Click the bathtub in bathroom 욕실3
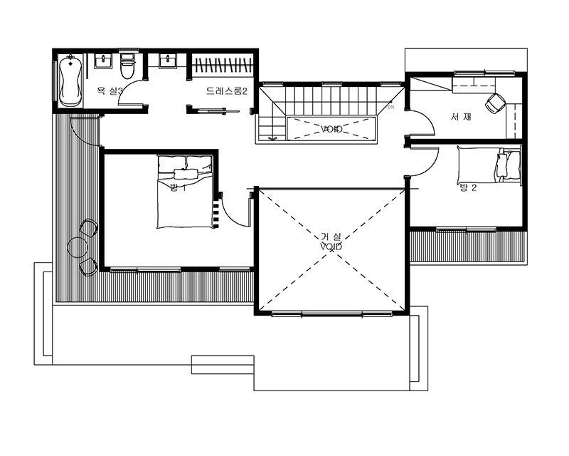coord(70,81)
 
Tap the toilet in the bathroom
coord(127,66)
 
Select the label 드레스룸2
coord(226,91)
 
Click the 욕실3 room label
coord(110,91)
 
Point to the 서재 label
coord(461,117)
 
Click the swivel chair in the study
coord(495,103)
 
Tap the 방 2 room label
coord(468,187)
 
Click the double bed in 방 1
coord(185,192)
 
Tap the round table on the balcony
coord(78,247)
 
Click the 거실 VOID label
coord(331,242)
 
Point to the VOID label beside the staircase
coord(331,129)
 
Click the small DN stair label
coord(390,108)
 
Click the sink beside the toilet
coord(103,61)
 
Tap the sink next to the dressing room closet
coord(168,61)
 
